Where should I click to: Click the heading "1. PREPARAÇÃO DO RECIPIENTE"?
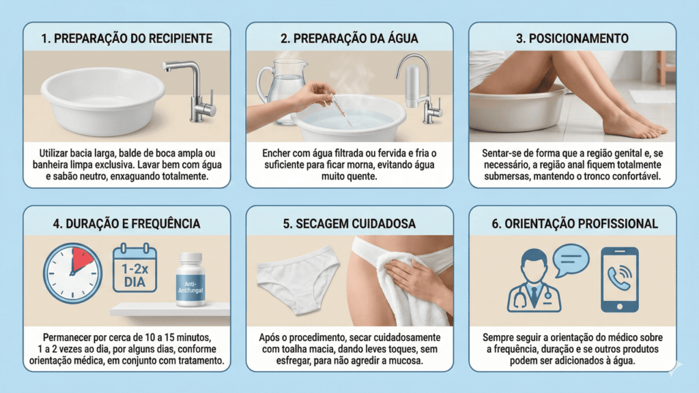[126, 38]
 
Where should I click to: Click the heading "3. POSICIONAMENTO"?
[572, 38]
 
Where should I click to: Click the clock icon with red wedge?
[72, 273]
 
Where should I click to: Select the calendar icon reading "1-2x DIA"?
[134, 269]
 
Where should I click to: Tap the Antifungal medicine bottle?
[190, 280]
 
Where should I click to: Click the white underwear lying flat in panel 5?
[298, 279]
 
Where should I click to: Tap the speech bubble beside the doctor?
[571, 260]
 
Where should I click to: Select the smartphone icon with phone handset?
[619, 279]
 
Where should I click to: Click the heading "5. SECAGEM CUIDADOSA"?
[349, 223]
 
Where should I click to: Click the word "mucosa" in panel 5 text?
[405, 362]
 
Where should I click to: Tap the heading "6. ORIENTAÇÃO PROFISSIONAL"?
[572, 223]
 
